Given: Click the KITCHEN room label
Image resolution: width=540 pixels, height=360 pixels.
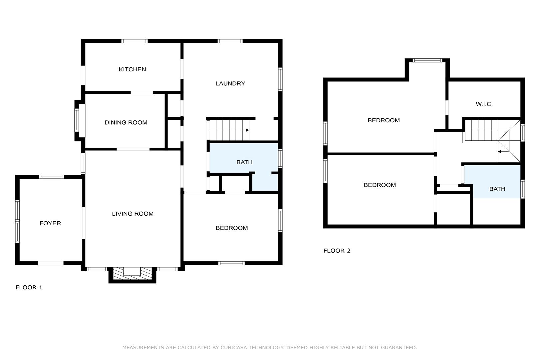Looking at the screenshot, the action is [x=132, y=69].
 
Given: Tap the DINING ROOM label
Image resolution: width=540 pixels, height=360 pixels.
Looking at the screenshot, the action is [x=126, y=123].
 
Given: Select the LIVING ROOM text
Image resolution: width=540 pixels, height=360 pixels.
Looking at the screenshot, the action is [x=133, y=214].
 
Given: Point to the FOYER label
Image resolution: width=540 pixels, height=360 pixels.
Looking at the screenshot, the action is [x=50, y=223].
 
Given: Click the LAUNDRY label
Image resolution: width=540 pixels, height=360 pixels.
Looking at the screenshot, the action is [x=230, y=83].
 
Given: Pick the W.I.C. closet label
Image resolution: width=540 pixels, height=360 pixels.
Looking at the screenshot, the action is [x=484, y=104].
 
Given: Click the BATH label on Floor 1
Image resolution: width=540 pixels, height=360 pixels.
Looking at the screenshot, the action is [x=245, y=162].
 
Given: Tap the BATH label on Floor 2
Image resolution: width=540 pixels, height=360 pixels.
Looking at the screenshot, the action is [x=497, y=189].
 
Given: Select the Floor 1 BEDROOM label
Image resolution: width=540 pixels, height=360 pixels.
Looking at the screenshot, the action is [x=232, y=228].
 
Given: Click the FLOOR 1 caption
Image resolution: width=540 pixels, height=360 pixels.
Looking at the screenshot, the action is [x=29, y=287].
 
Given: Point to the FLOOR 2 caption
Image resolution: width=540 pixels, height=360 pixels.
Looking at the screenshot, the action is [x=337, y=251].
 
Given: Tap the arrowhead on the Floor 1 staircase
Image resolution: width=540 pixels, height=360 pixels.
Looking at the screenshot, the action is [x=247, y=130].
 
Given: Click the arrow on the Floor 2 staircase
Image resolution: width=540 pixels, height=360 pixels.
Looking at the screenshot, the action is [x=504, y=152].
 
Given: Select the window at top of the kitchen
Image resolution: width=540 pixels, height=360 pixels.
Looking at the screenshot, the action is [x=134, y=41].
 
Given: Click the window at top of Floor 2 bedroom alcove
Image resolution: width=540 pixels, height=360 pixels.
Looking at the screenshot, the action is [x=427, y=60].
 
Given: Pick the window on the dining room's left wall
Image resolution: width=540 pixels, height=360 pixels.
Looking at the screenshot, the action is [x=77, y=120].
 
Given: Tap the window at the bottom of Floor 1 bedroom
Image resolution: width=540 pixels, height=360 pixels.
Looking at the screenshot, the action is [x=232, y=263].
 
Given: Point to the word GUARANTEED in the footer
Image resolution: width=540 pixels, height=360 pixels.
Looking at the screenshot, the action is [x=399, y=348].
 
